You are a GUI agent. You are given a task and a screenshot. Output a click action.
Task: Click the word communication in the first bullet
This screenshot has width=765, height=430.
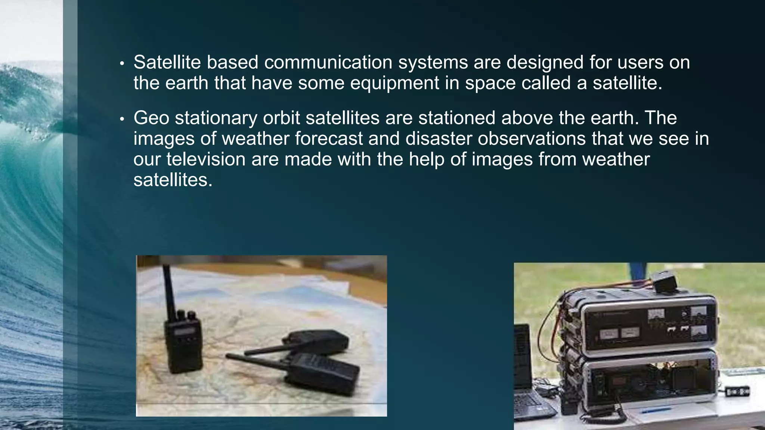[x=328, y=62]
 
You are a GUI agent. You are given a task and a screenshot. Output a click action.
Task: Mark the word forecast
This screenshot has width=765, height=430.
[x=329, y=138]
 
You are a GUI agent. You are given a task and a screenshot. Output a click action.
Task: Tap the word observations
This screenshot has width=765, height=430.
[x=532, y=138]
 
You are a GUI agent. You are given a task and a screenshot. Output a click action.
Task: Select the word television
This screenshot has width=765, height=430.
[x=206, y=159]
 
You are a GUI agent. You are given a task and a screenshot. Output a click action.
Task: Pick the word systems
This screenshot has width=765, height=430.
[x=433, y=63]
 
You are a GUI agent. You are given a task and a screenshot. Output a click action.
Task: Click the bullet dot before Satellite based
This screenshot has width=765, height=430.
[x=121, y=64]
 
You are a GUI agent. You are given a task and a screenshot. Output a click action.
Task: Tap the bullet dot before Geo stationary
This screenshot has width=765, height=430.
[x=121, y=120]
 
